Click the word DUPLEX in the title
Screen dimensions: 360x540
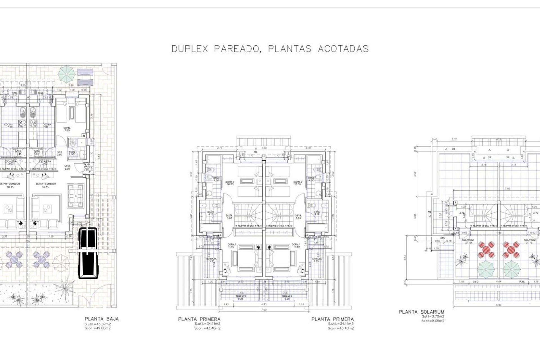click(190, 49)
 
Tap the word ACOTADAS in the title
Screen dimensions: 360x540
click(343, 49)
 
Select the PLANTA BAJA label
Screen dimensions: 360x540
click(102, 319)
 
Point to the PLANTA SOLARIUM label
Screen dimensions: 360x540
click(421, 312)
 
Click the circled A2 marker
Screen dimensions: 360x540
click(87, 166)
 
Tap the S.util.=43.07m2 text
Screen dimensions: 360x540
click(98, 324)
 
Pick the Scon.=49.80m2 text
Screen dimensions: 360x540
click(97, 328)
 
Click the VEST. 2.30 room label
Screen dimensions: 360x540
click(67, 167)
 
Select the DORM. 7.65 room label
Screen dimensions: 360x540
click(67, 129)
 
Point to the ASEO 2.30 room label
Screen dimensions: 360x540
click(72, 153)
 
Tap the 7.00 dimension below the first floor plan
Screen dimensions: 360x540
click(264, 310)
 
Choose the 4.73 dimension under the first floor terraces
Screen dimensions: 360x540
click(264, 304)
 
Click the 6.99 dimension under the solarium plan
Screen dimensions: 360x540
click(499, 305)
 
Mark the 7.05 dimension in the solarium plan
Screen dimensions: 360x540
click(507, 188)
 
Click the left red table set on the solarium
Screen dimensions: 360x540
click(486, 250)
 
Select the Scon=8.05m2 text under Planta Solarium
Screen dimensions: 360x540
click(433, 321)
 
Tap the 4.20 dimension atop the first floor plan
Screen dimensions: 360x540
click(264, 148)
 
